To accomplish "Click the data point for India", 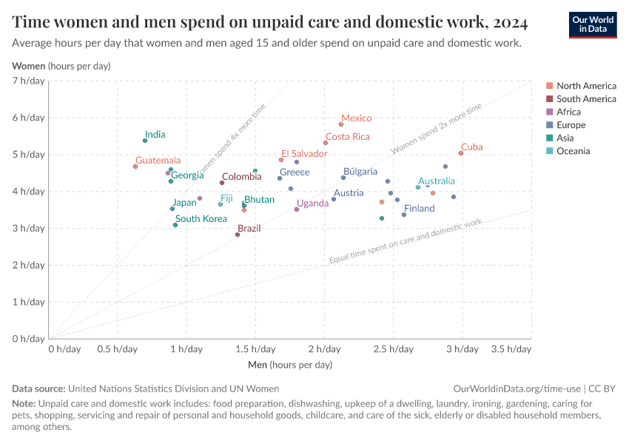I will pyautogui.click(x=145, y=141).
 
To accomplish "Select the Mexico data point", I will pyautogui.click(x=341, y=124).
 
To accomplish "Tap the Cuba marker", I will pyautogui.click(x=461, y=153).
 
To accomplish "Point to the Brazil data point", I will pyautogui.click(x=238, y=235).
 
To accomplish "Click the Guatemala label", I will pyautogui.click(x=158, y=161).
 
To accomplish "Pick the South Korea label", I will pyautogui.click(x=201, y=219).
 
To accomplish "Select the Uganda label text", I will pyautogui.click(x=312, y=203).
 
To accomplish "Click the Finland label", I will pyautogui.click(x=420, y=209).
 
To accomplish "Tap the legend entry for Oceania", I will pyautogui.click(x=573, y=152).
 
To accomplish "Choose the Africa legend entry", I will pyautogui.click(x=568, y=112).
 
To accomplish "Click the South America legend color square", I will pyautogui.click(x=549, y=98).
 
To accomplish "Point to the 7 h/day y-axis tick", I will pyautogui.click(x=29, y=81).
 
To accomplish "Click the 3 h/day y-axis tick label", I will pyautogui.click(x=29, y=228).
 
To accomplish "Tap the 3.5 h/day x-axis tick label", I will pyautogui.click(x=511, y=349).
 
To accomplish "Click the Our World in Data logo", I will pyautogui.click(x=593, y=24).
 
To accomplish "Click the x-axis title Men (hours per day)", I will pyautogui.click(x=289, y=366).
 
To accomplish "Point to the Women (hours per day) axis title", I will pyautogui.click(x=61, y=67).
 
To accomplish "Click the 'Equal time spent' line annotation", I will pyautogui.click(x=405, y=241).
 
